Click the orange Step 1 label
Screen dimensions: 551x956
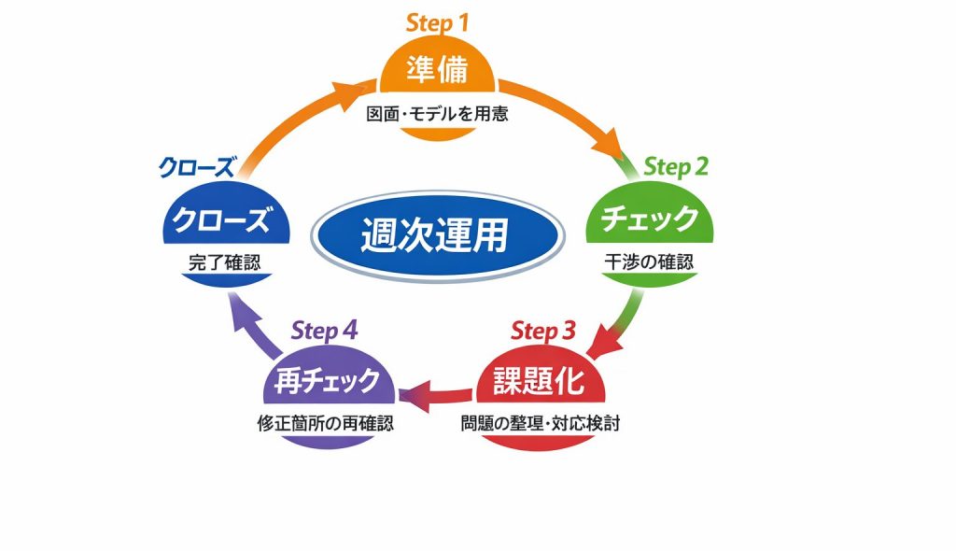(x=437, y=23)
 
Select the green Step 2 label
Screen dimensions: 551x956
(x=676, y=167)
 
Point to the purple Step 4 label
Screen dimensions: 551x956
(x=324, y=331)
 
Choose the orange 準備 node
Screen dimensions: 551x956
(x=437, y=71)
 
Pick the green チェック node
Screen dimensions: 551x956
(x=649, y=219)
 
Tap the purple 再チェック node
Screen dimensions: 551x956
(x=327, y=381)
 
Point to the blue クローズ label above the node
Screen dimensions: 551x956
(x=196, y=168)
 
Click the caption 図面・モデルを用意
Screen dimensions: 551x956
(x=437, y=117)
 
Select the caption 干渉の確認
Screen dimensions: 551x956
(x=649, y=262)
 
